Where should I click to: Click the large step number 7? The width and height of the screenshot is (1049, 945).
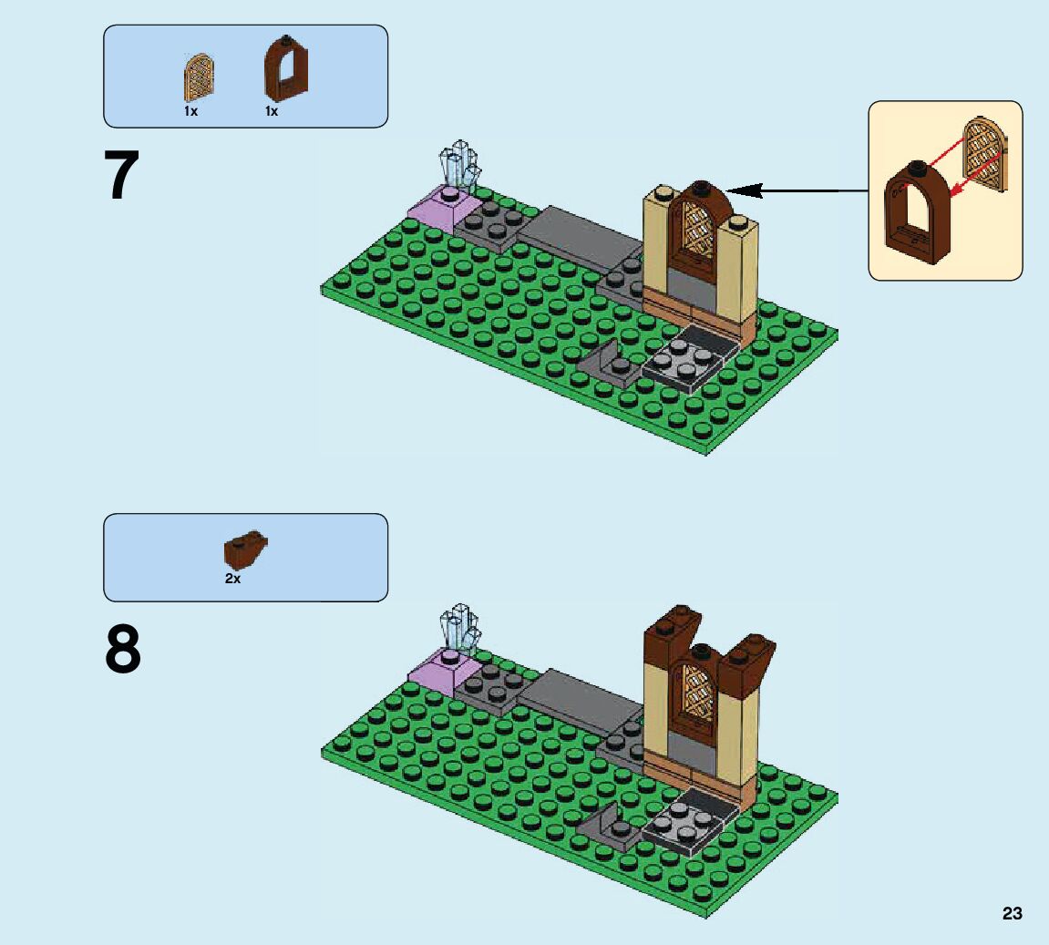click(122, 177)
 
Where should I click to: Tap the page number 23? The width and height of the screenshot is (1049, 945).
click(1012, 913)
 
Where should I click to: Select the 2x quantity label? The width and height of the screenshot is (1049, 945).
click(233, 579)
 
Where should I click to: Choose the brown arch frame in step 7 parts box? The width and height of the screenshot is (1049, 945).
click(285, 69)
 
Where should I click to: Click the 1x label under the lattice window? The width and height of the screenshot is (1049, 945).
click(190, 111)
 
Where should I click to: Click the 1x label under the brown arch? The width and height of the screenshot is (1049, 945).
click(272, 111)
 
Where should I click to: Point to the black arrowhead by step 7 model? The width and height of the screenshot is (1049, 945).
click(740, 190)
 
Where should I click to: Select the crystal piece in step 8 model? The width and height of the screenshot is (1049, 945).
click(459, 628)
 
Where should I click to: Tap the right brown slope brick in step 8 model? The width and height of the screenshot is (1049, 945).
click(747, 658)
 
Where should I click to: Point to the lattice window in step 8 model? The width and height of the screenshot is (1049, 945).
click(697, 687)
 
